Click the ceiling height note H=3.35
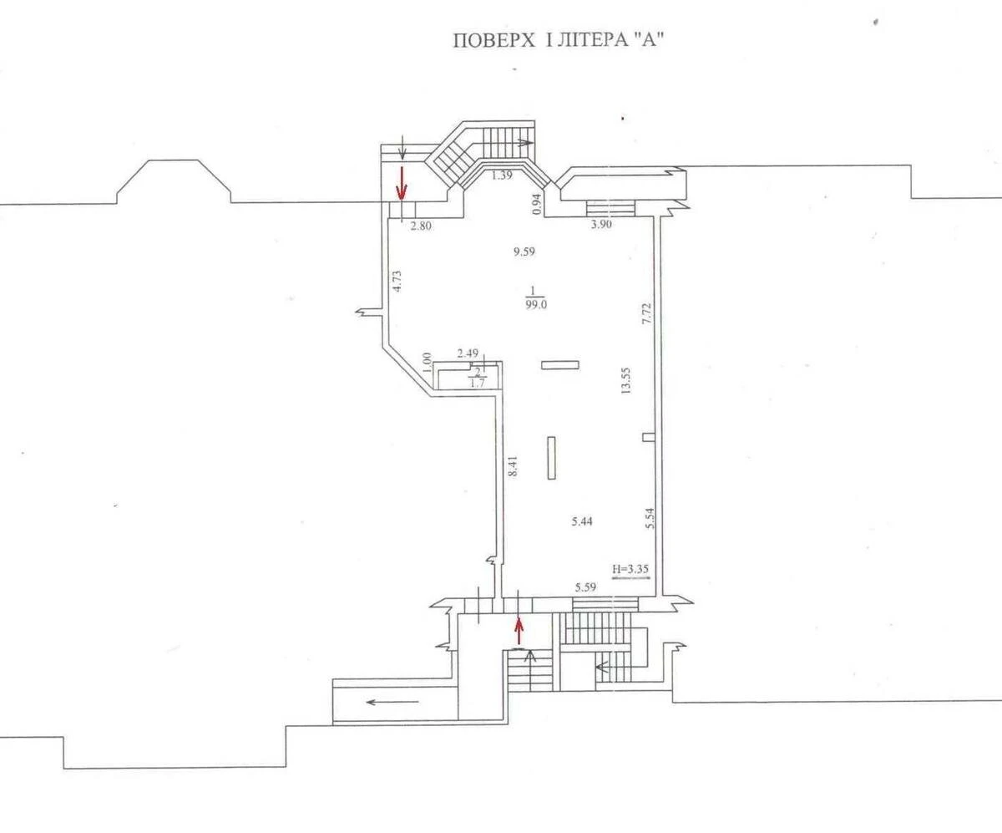(x=631, y=571)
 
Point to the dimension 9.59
(x=524, y=251)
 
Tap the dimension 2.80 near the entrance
(x=421, y=225)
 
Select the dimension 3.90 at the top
(x=601, y=225)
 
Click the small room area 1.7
(x=478, y=383)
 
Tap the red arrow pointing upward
(x=519, y=630)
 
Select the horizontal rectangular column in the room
(x=559, y=364)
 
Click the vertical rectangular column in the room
(x=552, y=457)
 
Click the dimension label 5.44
(x=584, y=521)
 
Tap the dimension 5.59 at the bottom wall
(x=585, y=588)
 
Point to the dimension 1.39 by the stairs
(x=501, y=175)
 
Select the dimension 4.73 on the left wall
(x=398, y=278)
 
